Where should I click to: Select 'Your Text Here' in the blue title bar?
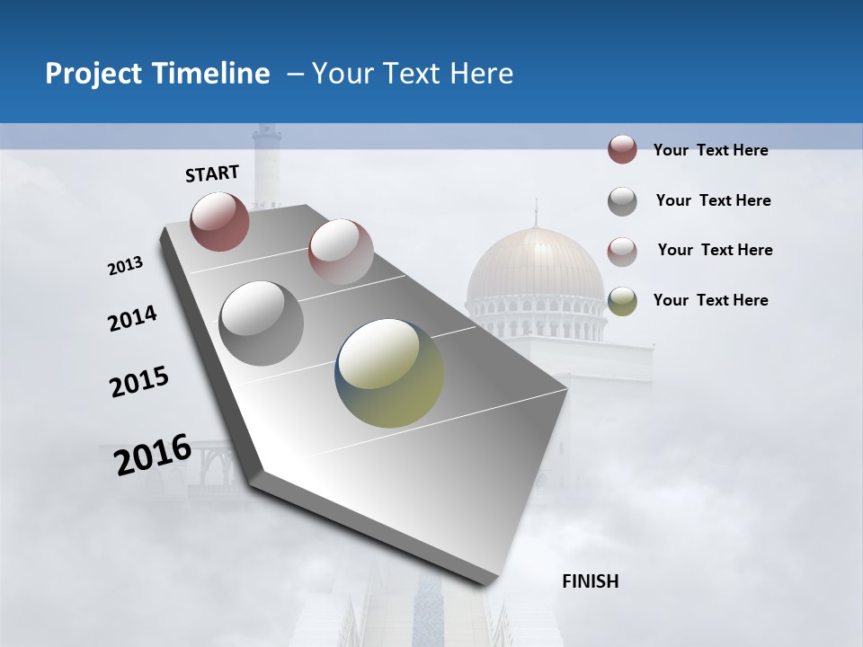point(413,74)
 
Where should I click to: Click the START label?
point(212,173)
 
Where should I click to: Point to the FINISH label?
point(590,581)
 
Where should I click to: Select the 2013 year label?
point(126,266)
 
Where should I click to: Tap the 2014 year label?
point(132,319)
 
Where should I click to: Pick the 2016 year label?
point(153,455)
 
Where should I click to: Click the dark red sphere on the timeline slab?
point(219,221)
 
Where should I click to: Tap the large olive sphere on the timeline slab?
point(389,373)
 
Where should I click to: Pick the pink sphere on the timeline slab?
point(340,251)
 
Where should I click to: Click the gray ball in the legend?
point(622,201)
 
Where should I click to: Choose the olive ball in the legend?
point(622,300)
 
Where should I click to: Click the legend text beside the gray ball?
point(713,200)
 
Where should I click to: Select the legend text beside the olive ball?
point(710,300)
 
